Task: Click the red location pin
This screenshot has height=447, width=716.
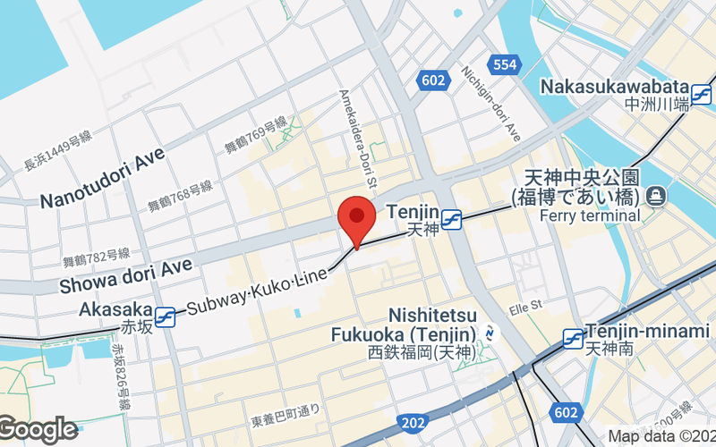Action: point(356,219)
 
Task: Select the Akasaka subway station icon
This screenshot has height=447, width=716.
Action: point(165,316)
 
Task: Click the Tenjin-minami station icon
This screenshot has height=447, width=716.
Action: point(574,338)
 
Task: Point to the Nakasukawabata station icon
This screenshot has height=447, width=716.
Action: point(703,89)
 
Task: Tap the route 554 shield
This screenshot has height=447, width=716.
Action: point(505,64)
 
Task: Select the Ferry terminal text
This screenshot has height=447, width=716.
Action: point(590,215)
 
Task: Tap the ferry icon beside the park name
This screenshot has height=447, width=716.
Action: point(657,194)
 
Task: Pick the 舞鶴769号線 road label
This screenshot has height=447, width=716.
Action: point(256,135)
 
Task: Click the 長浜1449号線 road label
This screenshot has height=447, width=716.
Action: point(58,150)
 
